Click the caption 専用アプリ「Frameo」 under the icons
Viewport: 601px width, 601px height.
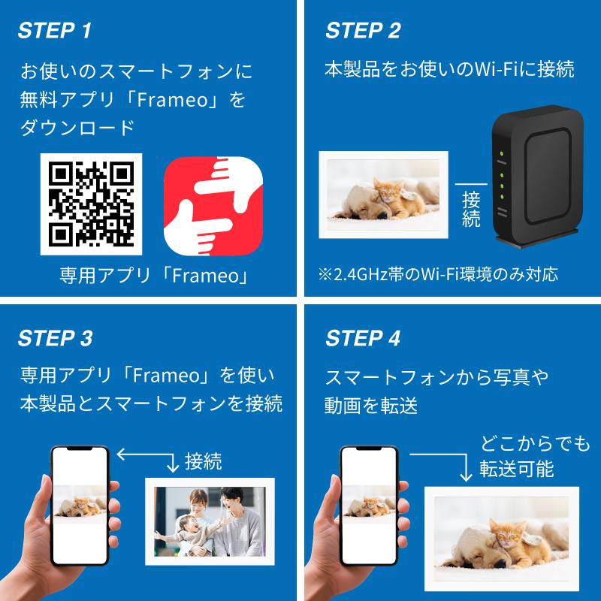[x=154, y=276]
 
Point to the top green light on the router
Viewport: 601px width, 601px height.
[x=501, y=156]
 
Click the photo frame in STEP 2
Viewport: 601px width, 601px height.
[x=383, y=192]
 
